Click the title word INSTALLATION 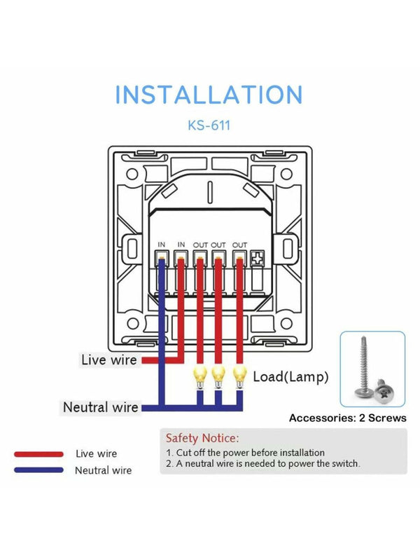pos(209,95)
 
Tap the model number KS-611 pos(209,127)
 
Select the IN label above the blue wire pos(162,245)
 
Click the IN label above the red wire pos(181,245)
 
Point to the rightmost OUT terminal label pos(239,245)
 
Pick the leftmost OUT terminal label pos(201,245)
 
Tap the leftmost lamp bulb pos(199,374)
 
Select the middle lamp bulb pos(219,374)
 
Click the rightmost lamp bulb pos(239,374)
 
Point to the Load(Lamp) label pos(290,377)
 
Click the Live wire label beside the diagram pos(108,360)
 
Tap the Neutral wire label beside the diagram pos(100,407)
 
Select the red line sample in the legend pos(38,453)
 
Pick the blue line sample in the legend pos(38,470)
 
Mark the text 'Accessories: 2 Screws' pos(348,418)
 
